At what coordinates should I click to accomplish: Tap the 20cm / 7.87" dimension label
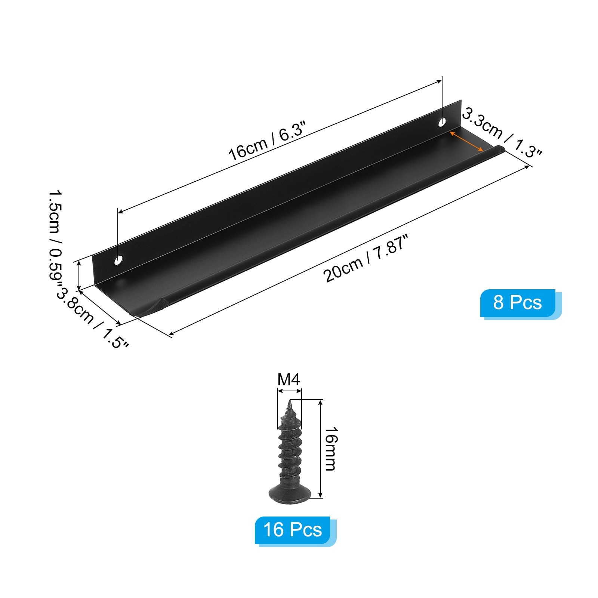click(365, 258)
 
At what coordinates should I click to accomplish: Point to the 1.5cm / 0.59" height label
click(56, 239)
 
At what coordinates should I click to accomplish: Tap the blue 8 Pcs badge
click(518, 303)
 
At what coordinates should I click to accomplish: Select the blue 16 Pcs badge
click(293, 530)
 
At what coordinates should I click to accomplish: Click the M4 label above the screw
click(289, 380)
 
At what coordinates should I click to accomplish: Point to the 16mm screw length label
click(330, 449)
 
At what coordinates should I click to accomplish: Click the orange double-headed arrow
click(466, 141)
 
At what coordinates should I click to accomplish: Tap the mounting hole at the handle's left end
click(119, 259)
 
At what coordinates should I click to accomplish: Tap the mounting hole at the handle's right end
click(442, 122)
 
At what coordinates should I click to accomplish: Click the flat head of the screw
click(290, 493)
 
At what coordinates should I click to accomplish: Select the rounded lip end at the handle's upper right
click(499, 149)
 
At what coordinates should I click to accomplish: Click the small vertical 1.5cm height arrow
click(79, 276)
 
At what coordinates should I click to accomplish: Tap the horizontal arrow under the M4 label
click(289, 391)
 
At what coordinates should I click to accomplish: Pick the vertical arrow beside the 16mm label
click(320, 449)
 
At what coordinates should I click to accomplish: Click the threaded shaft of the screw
click(290, 449)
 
